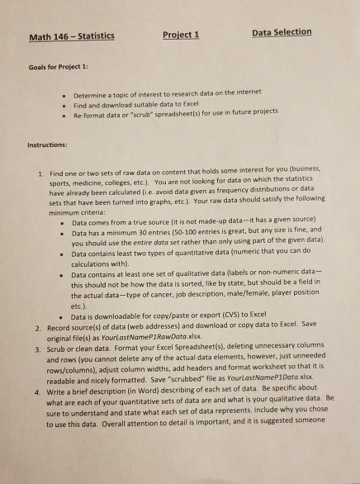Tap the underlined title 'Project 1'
182,34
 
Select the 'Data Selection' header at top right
281,31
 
